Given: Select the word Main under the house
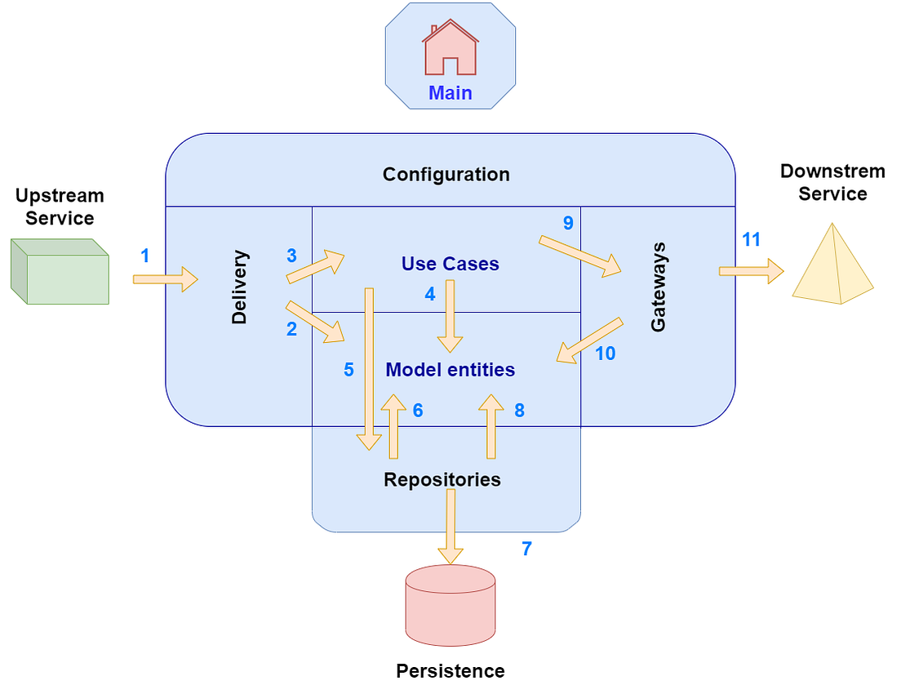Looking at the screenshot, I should pos(450,93).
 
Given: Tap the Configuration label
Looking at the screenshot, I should pos(446,174).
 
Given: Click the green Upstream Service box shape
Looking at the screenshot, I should pos(60,273).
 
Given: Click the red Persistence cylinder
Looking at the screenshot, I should pos(450,604).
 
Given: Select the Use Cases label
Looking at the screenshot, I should pos(450,264).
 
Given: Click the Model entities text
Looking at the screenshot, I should pos(450,370).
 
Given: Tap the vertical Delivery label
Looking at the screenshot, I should pos(239,287).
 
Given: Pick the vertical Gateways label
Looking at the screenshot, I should pos(658,287).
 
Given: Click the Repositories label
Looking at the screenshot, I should pos(442,479).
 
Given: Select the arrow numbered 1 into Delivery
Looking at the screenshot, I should pos(166,279).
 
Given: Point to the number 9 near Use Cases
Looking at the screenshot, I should pos(568,222).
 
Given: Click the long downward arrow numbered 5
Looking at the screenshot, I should pos(370,367).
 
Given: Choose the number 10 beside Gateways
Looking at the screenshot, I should pos(605,354).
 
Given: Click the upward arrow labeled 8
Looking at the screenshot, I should pos(491,426).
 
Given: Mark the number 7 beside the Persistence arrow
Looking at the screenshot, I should pos(526,549).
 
